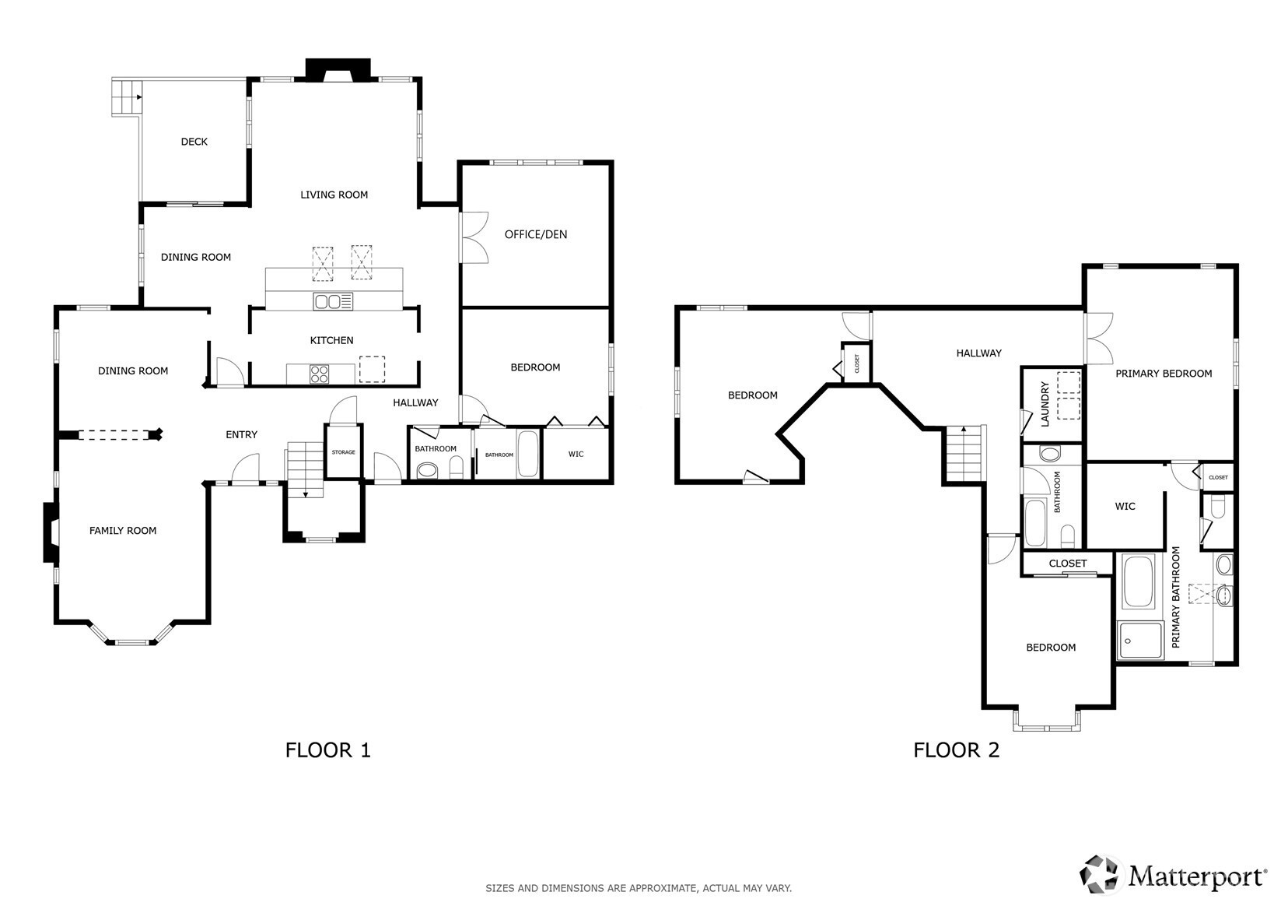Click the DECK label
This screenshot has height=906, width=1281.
click(x=194, y=142)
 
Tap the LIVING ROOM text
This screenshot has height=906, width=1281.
click(x=334, y=195)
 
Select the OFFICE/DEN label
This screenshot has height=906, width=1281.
click(x=536, y=234)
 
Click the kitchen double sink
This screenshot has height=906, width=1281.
click(x=333, y=301)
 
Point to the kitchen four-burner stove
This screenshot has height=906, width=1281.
click(x=320, y=374)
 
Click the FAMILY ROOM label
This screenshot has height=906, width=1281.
click(x=123, y=531)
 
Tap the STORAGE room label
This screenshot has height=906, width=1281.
click(x=344, y=452)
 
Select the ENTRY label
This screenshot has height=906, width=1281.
click(x=241, y=434)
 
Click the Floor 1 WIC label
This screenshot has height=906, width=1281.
click(x=576, y=454)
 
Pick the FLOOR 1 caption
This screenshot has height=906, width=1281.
click(x=328, y=750)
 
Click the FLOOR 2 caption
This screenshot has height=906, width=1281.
click(x=956, y=750)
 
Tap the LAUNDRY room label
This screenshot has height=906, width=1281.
click(x=1045, y=404)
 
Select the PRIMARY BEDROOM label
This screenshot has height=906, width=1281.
click(x=1164, y=374)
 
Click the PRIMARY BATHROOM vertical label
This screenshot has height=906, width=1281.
click(x=1176, y=597)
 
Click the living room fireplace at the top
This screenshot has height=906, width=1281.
click(x=338, y=70)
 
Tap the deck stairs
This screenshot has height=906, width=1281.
click(x=126, y=97)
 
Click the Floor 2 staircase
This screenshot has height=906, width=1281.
click(x=964, y=454)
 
